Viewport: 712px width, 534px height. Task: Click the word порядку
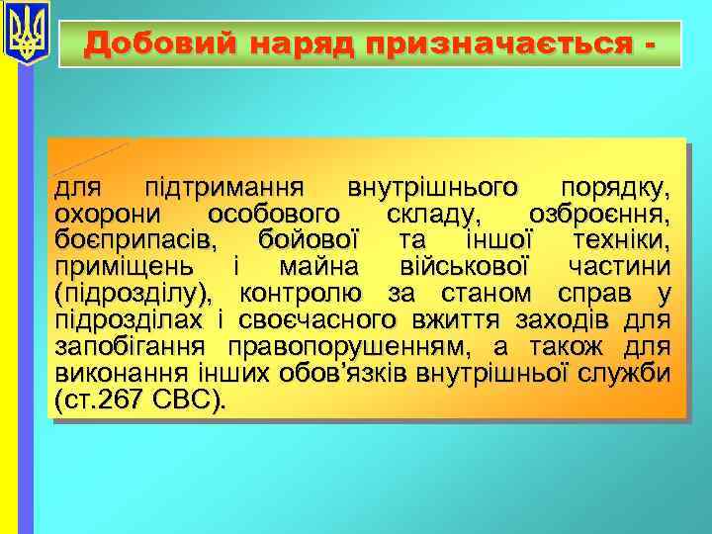point(614,188)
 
